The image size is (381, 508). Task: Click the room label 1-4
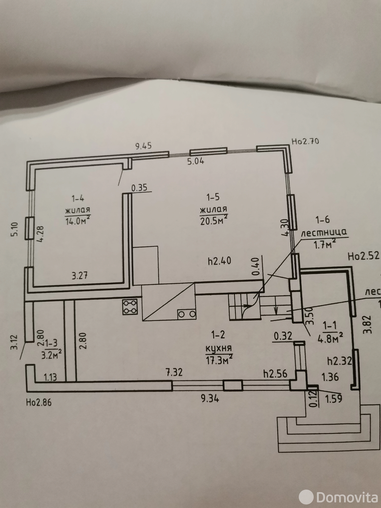[x=77, y=199]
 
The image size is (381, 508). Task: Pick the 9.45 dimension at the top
[x=144, y=146]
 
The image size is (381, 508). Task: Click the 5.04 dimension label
[x=195, y=161]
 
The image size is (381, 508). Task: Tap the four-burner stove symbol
[x=130, y=307]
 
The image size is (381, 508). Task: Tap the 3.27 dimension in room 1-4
[x=79, y=275]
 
